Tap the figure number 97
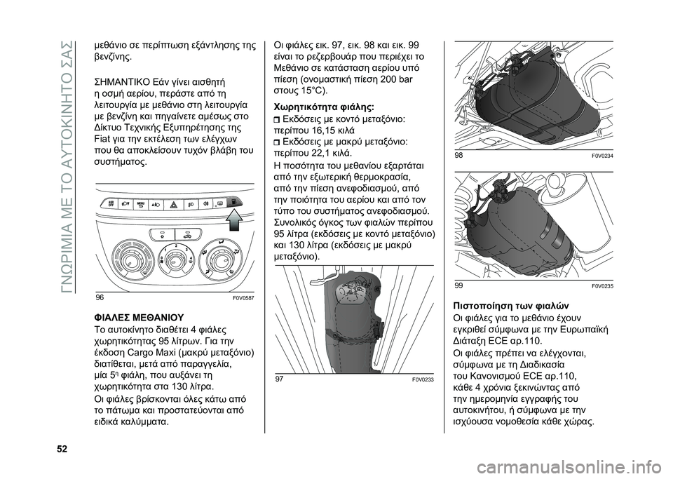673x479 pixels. pyautogui.click(x=280, y=379)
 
